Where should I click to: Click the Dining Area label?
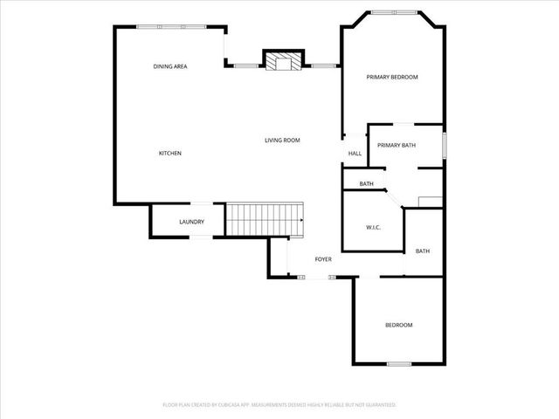(x=170, y=66)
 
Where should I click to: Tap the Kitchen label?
(x=169, y=154)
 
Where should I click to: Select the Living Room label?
(x=283, y=140)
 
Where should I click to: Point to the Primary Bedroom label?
(x=392, y=77)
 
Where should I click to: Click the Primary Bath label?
(x=397, y=145)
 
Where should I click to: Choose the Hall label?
(x=355, y=154)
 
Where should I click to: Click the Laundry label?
(x=191, y=222)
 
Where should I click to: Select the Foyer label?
(x=323, y=259)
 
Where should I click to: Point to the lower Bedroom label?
(x=398, y=325)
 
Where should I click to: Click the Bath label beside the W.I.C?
(x=423, y=251)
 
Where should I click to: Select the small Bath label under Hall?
(x=367, y=184)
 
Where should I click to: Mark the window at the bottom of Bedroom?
(x=399, y=363)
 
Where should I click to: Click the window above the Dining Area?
(x=160, y=26)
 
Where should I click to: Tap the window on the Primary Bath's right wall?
(x=445, y=146)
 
